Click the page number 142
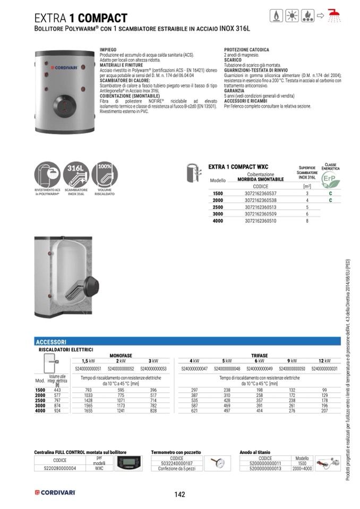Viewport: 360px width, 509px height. coord(179,494)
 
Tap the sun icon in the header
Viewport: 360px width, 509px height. coord(292,15)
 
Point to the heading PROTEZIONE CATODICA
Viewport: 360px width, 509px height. coord(245,50)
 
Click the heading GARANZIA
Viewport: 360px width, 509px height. coord(234,91)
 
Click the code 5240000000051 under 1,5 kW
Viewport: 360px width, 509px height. coord(89,368)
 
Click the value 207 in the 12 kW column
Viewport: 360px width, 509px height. coord(324,411)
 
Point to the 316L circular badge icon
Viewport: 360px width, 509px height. coord(76,175)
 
